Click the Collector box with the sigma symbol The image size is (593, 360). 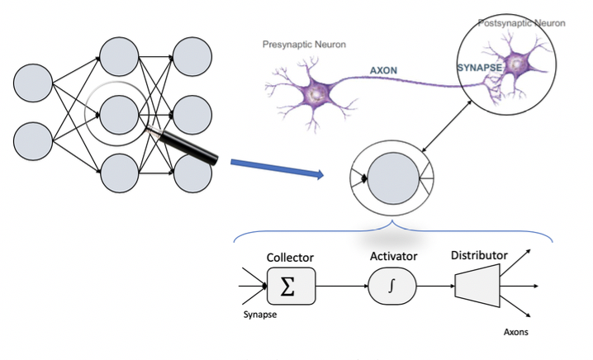tap(292, 287)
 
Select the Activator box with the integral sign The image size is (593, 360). tap(392, 287)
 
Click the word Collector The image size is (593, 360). tap(290, 258)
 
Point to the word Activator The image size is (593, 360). tap(392, 257)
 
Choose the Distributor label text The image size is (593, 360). tap(479, 254)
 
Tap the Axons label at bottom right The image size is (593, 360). tap(516, 334)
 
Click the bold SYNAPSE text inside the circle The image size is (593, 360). tap(481, 65)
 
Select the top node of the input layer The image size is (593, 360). tap(33, 83)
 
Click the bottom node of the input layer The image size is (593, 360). tap(33, 140)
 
